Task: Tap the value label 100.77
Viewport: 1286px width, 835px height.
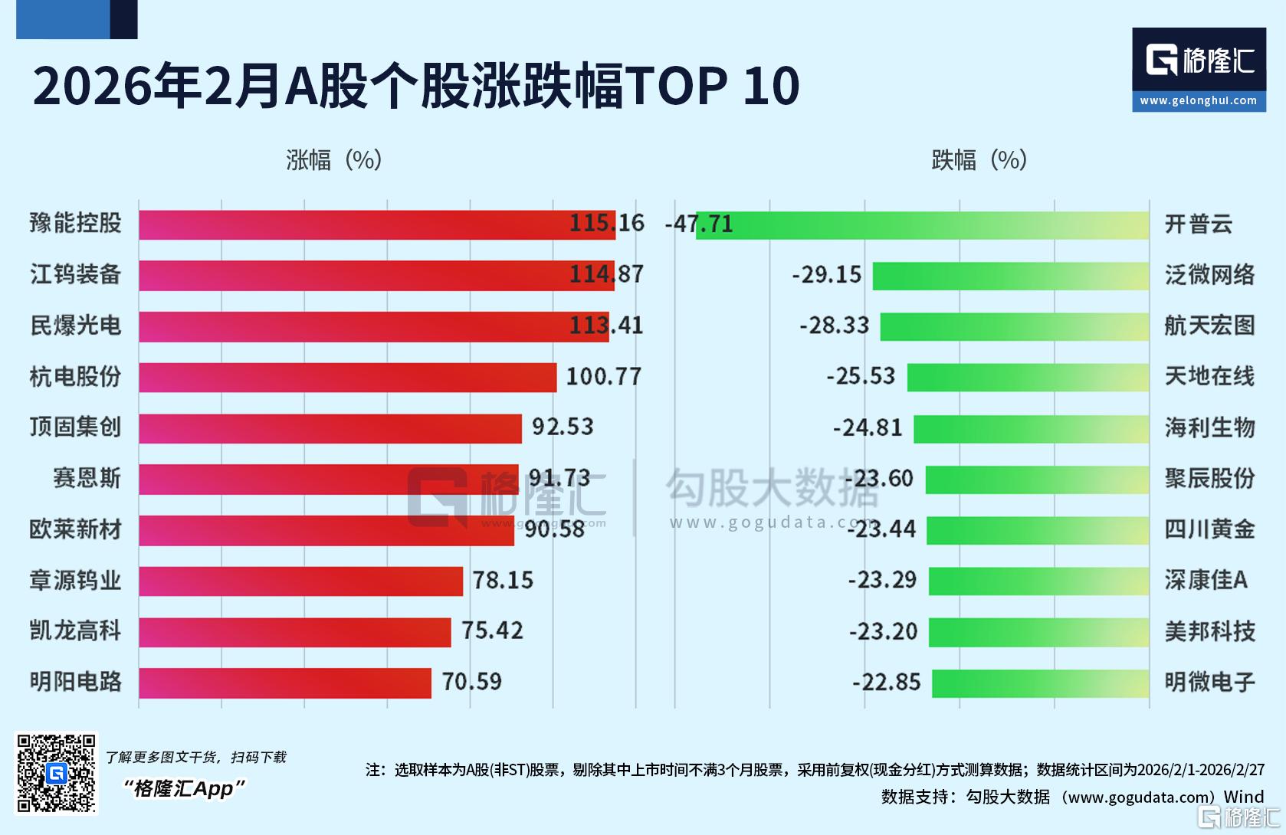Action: click(603, 376)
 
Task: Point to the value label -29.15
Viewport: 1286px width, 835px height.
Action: click(826, 275)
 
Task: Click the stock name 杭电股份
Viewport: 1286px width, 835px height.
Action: click(75, 376)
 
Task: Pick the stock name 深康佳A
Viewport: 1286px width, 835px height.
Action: click(1206, 580)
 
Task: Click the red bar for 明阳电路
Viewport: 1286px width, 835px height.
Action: click(284, 683)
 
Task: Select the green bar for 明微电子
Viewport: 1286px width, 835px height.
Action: click(1040, 683)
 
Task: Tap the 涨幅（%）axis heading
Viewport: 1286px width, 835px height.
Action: click(333, 160)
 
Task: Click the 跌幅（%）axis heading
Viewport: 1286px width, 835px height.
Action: click(979, 160)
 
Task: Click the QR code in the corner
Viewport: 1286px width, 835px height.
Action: click(57, 773)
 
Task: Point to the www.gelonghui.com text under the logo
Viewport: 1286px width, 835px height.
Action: click(1199, 101)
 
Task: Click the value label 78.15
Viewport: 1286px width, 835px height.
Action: click(502, 580)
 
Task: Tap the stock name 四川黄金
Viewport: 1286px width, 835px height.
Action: click(1209, 529)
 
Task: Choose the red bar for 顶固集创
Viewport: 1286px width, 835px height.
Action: click(330, 428)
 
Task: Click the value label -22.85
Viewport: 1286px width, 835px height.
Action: click(886, 682)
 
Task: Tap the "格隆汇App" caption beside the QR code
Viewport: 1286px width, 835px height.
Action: click(185, 788)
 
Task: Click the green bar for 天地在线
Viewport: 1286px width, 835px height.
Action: click(1028, 377)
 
